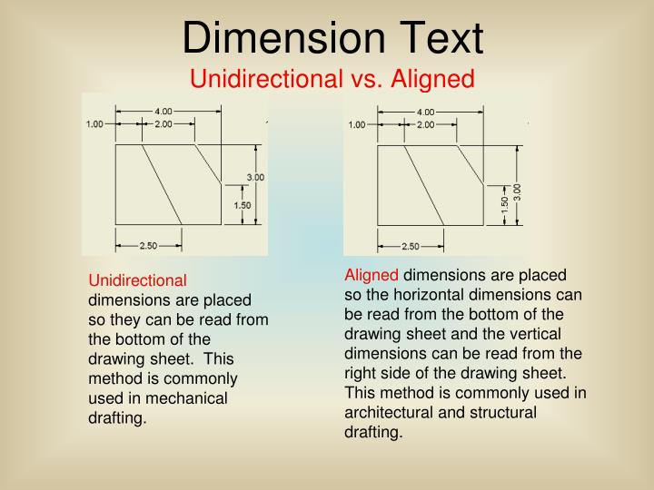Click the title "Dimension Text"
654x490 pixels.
[332, 38]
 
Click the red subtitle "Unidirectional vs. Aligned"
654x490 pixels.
[332, 80]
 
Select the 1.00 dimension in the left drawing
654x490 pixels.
[95, 124]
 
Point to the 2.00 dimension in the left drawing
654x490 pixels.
[163, 124]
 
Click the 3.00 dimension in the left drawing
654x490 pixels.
[255, 177]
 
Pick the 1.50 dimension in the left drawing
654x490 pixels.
[243, 206]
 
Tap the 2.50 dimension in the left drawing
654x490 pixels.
[149, 245]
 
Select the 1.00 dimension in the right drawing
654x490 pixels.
[357, 124]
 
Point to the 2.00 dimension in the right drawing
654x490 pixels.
[425, 124]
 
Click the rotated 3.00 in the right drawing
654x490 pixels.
[518, 191]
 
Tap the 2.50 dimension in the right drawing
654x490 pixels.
[411, 245]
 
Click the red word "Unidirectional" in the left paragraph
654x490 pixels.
[137, 280]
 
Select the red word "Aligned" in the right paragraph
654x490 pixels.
[372, 275]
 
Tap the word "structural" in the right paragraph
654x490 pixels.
[505, 412]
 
